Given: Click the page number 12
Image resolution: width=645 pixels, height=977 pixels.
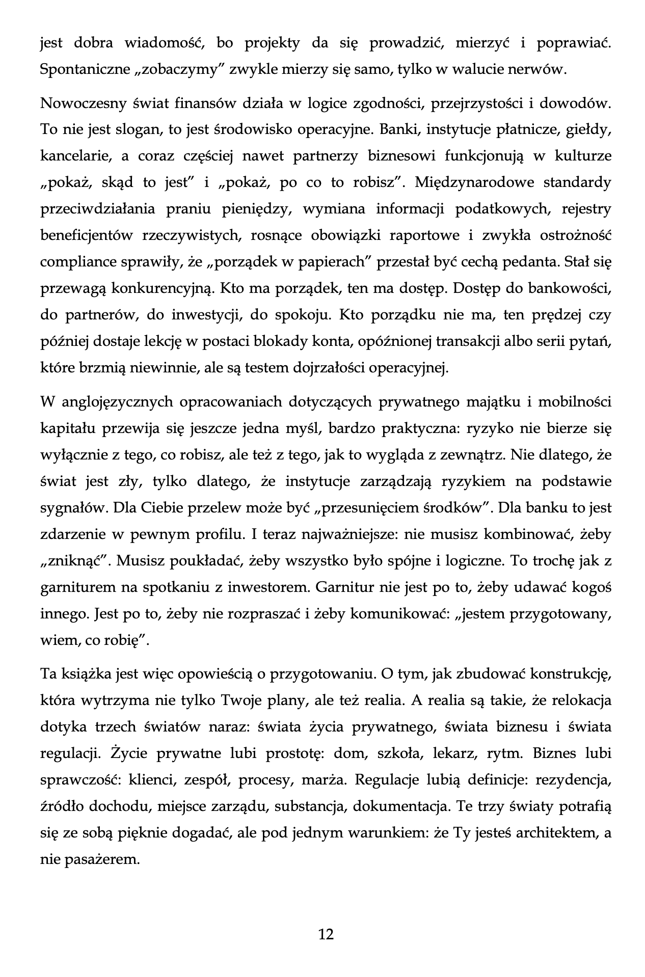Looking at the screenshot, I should (x=326, y=934).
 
